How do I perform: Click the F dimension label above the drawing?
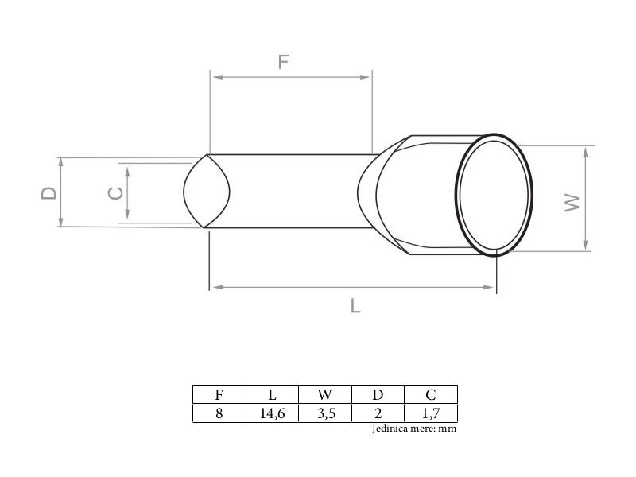pyautogui.click(x=283, y=62)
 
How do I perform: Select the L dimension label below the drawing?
pyautogui.click(x=355, y=305)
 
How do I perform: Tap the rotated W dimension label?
pyautogui.click(x=572, y=202)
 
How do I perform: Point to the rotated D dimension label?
pyautogui.click(x=49, y=193)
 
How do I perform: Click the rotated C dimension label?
pyautogui.click(x=115, y=193)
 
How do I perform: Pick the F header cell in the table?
pyautogui.click(x=219, y=394)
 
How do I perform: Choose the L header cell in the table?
pyautogui.click(x=272, y=394)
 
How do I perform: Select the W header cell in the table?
pyautogui.click(x=325, y=394)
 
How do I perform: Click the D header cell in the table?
pyautogui.click(x=378, y=394)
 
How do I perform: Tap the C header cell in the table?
pyautogui.click(x=431, y=394)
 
